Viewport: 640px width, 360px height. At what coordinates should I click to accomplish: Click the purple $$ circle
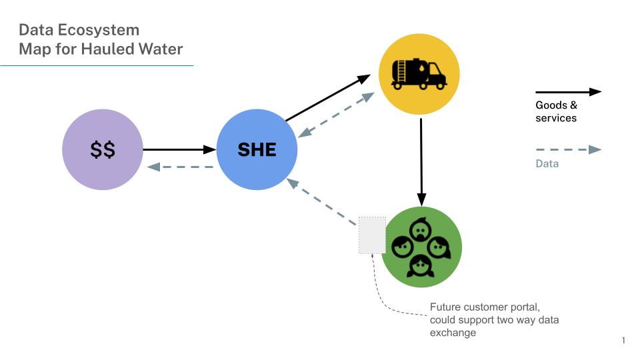pos(103,149)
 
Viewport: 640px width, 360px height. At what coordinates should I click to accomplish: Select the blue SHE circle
pos(257,149)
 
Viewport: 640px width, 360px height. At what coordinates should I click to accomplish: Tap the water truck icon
pos(419,73)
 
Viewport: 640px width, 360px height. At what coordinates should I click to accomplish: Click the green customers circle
pos(421,247)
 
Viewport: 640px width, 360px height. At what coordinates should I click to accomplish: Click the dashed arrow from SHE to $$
pos(180,167)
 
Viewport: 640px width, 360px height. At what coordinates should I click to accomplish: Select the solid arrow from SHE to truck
pos(327,99)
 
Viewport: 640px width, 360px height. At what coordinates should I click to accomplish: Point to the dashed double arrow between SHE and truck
pos(337,115)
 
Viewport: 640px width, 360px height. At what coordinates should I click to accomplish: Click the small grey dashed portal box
pos(372,235)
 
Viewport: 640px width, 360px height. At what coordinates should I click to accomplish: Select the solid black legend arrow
pos(568,92)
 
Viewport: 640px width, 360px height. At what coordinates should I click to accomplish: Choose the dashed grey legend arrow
pos(568,150)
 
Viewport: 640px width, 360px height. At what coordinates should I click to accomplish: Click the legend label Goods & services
pos(556,111)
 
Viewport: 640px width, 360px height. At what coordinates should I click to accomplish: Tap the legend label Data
pos(547,163)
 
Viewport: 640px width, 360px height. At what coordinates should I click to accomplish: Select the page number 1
pos(623,341)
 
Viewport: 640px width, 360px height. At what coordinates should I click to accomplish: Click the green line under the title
pos(97,65)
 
